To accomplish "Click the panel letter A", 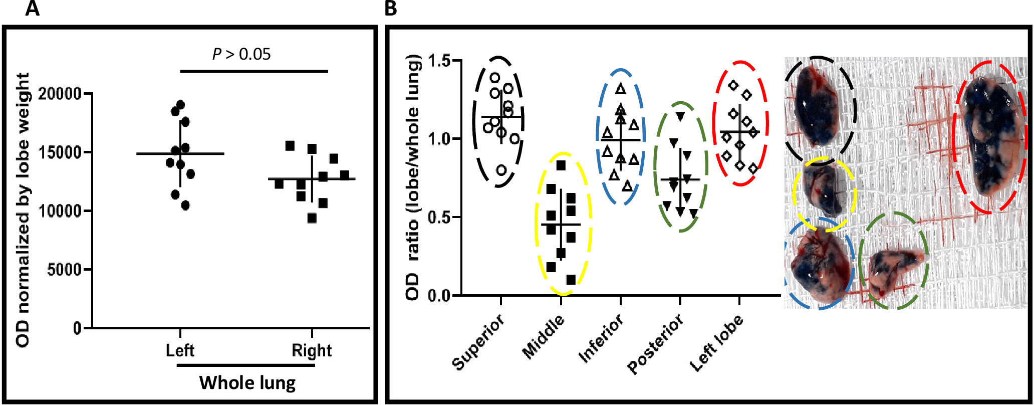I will pos(33,9).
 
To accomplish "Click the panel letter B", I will pos(390,9).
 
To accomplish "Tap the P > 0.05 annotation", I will pos(241,54).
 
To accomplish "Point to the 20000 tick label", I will pos(60,94).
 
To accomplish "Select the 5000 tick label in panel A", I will pos(64,270).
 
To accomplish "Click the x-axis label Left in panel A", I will pos(180,350).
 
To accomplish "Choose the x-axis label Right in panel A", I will pos(312,350).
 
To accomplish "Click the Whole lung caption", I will pos(247,383).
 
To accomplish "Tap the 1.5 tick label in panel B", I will pos(439,61).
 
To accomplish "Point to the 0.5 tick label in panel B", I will pos(439,218).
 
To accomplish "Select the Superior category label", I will pos(479,342).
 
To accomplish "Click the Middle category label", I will pos(544,337).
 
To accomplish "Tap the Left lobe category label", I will pos(716,343).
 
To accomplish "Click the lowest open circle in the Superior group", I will pos(501,170).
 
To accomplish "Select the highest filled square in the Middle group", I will pos(561,165).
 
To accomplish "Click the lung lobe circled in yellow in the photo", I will pos(823,192).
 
